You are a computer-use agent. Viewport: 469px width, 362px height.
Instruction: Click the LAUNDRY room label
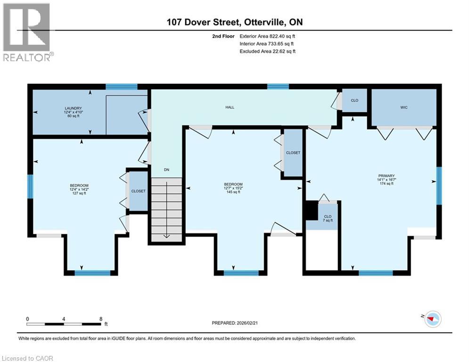[73, 108]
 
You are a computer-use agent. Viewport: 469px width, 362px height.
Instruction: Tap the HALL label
[230, 107]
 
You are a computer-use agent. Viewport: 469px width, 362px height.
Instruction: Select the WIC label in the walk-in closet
[404, 107]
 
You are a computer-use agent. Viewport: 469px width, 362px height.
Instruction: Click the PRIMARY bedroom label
[387, 176]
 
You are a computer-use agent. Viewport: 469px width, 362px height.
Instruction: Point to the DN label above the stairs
[166, 170]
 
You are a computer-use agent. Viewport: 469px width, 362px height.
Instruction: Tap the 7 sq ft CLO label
[328, 221]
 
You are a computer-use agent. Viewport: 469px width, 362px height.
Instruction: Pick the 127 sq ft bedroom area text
[79, 193]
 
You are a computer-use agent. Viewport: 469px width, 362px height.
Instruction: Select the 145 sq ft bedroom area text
[233, 192]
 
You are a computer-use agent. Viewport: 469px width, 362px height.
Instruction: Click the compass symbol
[433, 319]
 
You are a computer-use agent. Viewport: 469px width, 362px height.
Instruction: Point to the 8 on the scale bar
[101, 319]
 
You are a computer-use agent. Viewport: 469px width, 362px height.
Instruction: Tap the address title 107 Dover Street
[203, 22]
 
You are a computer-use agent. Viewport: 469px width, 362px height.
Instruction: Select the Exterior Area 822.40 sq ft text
[267, 36]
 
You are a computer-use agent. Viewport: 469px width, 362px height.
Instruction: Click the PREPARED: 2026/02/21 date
[235, 323]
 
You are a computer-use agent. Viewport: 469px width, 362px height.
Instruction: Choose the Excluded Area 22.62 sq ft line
[267, 51]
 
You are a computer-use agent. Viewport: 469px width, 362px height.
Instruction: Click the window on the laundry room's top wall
[122, 87]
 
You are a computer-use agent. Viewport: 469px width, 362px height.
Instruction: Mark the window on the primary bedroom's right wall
[439, 186]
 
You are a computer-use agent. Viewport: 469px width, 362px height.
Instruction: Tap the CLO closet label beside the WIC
[354, 100]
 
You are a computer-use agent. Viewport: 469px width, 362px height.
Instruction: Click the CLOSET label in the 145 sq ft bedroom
[293, 153]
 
